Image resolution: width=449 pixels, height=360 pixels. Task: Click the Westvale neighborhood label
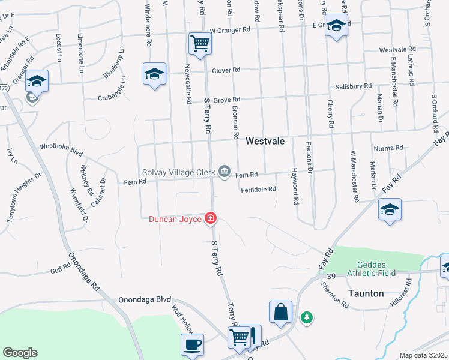[x=265, y=140]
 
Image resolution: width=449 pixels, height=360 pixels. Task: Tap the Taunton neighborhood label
[x=366, y=294]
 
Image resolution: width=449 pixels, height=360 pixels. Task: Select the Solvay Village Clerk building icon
[x=224, y=172]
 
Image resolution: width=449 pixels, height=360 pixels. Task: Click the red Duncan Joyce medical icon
[x=211, y=218]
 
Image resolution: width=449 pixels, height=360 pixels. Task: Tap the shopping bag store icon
[x=280, y=312]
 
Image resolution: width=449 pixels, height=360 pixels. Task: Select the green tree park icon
[x=307, y=317]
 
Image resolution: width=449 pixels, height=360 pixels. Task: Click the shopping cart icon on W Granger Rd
[x=199, y=43]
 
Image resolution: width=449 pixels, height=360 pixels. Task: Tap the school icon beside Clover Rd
[x=154, y=74]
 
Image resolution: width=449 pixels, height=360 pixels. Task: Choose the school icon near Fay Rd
[x=390, y=209]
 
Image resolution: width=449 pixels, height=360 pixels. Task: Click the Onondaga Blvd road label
[x=145, y=299]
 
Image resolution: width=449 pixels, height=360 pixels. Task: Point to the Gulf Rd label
[x=61, y=271]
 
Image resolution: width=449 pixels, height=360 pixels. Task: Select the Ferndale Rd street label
[x=258, y=189]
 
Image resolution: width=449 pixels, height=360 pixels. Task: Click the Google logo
[x=20, y=353]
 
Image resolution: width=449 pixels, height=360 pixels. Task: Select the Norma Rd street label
[x=388, y=148]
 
